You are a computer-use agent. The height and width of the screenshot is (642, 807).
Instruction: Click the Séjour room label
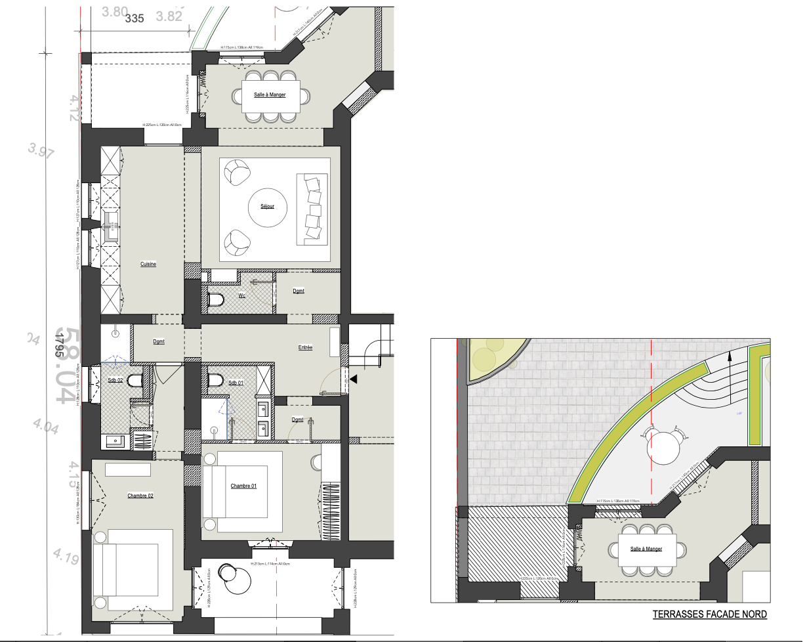[x=266, y=207]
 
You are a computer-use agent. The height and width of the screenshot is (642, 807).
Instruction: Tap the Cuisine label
[x=148, y=264]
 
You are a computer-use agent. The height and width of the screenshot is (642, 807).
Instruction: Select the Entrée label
[x=305, y=348]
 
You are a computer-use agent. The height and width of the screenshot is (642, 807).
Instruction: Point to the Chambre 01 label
[x=243, y=486]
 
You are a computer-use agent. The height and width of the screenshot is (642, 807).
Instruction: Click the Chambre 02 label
[x=140, y=496]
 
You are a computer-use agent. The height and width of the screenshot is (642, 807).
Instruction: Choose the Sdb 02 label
[x=115, y=380]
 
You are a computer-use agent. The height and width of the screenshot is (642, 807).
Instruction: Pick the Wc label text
[x=242, y=295]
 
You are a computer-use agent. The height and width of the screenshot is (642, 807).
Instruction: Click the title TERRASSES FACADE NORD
[x=709, y=615]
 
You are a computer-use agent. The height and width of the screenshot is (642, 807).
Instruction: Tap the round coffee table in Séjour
[x=267, y=208]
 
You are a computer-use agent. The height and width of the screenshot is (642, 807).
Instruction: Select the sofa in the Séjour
[x=313, y=209]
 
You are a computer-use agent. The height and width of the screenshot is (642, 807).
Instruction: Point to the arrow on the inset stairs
[x=729, y=373]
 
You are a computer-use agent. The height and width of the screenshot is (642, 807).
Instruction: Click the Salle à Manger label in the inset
[x=646, y=549]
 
